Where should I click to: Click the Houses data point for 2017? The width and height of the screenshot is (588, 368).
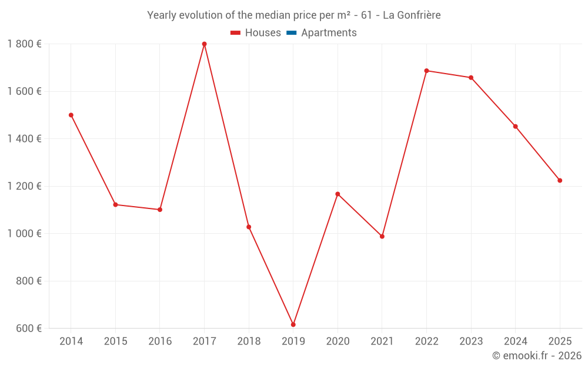click(x=204, y=44)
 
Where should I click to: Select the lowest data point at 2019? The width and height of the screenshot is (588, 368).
click(x=293, y=324)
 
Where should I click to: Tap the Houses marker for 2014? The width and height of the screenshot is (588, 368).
click(x=71, y=115)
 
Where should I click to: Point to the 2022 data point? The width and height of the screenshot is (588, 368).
click(x=426, y=71)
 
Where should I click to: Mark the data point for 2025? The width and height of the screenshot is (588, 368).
click(x=560, y=180)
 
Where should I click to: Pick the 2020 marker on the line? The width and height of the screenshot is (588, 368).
click(x=338, y=194)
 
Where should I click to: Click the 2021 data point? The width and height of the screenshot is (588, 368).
click(x=382, y=236)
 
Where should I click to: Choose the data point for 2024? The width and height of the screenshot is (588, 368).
click(x=516, y=127)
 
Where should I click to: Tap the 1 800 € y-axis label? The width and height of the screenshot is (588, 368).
click(x=24, y=44)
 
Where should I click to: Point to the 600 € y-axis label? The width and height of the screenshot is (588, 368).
click(x=28, y=329)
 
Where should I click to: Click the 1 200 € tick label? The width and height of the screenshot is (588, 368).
click(x=24, y=186)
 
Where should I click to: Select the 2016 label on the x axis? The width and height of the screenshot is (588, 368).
click(x=160, y=342)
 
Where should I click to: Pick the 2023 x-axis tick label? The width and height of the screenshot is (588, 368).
click(x=471, y=342)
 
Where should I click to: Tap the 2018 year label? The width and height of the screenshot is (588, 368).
click(x=249, y=342)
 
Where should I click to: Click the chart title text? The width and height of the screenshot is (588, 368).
click(x=294, y=15)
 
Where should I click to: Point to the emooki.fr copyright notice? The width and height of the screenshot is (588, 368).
click(x=537, y=356)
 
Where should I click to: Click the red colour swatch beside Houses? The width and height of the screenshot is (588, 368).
click(x=236, y=33)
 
